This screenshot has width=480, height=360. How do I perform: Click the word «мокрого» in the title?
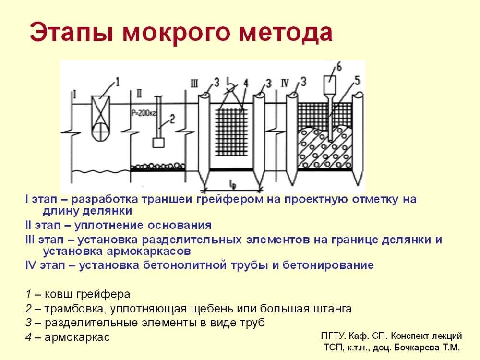click(176, 32)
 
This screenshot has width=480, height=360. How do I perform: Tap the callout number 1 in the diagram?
click(117, 82)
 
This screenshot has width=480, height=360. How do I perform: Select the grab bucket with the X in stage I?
click(101, 118)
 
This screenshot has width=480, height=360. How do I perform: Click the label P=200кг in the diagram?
click(144, 113)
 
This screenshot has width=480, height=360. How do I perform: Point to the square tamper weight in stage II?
click(158, 143)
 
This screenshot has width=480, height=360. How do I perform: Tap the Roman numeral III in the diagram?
click(194, 83)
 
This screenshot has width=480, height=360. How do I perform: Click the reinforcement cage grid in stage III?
click(231, 132)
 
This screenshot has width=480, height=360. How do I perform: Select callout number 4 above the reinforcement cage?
click(245, 83)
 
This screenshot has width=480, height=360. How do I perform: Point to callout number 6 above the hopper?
click(339, 67)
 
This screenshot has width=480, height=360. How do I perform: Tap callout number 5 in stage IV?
click(357, 81)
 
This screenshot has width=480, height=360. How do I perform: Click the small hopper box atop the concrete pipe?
click(330, 85)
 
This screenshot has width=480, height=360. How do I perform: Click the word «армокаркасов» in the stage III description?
click(149, 251)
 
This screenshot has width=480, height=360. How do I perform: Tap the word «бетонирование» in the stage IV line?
click(328, 265)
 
